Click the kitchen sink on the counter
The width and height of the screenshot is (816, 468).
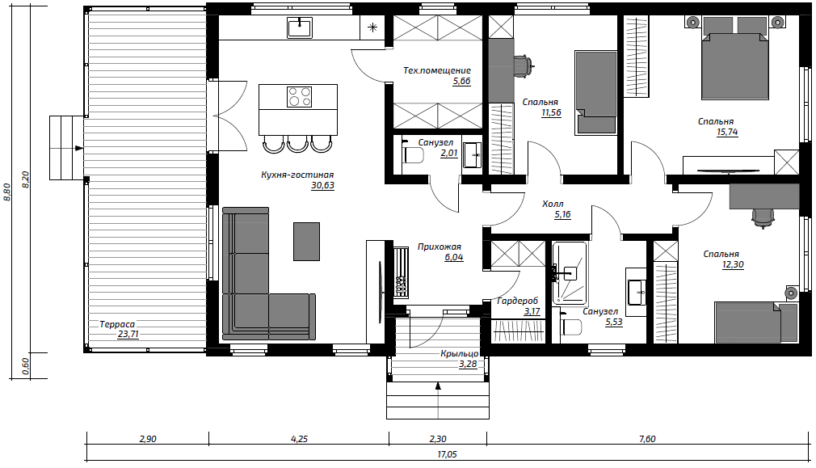(299, 27)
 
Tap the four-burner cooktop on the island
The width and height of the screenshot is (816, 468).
(299, 97)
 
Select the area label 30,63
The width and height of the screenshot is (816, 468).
(322, 185)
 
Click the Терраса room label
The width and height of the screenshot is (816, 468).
(117, 324)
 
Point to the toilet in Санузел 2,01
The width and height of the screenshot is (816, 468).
(413, 154)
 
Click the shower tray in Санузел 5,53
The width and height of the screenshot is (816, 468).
(570, 274)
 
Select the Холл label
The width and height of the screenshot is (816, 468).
(553, 204)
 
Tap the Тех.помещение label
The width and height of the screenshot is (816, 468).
(437, 70)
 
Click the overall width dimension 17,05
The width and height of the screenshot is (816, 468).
(447, 454)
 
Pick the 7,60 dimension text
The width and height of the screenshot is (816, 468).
(647, 439)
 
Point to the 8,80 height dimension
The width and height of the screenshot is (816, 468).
(6, 192)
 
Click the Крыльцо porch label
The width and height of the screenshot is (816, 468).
(459, 354)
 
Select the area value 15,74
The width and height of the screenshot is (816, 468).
(727, 133)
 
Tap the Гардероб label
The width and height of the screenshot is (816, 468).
(518, 301)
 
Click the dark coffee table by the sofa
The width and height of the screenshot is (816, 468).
(306, 242)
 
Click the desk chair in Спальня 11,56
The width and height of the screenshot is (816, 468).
(523, 65)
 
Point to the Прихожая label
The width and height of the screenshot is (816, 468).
(440, 247)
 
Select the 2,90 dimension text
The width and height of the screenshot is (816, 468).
(148, 439)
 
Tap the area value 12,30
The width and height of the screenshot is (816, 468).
(733, 264)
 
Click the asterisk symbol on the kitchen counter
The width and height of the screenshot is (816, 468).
(372, 27)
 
